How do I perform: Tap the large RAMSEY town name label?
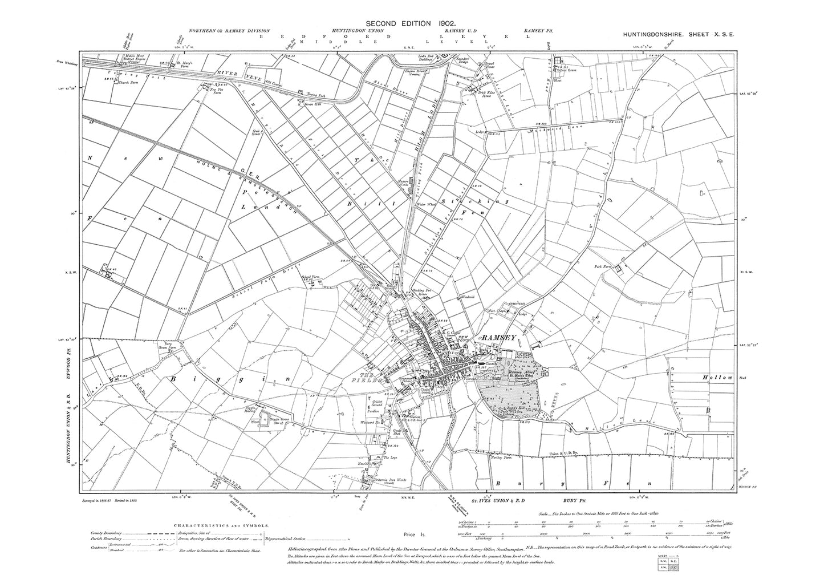coord(499,338)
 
